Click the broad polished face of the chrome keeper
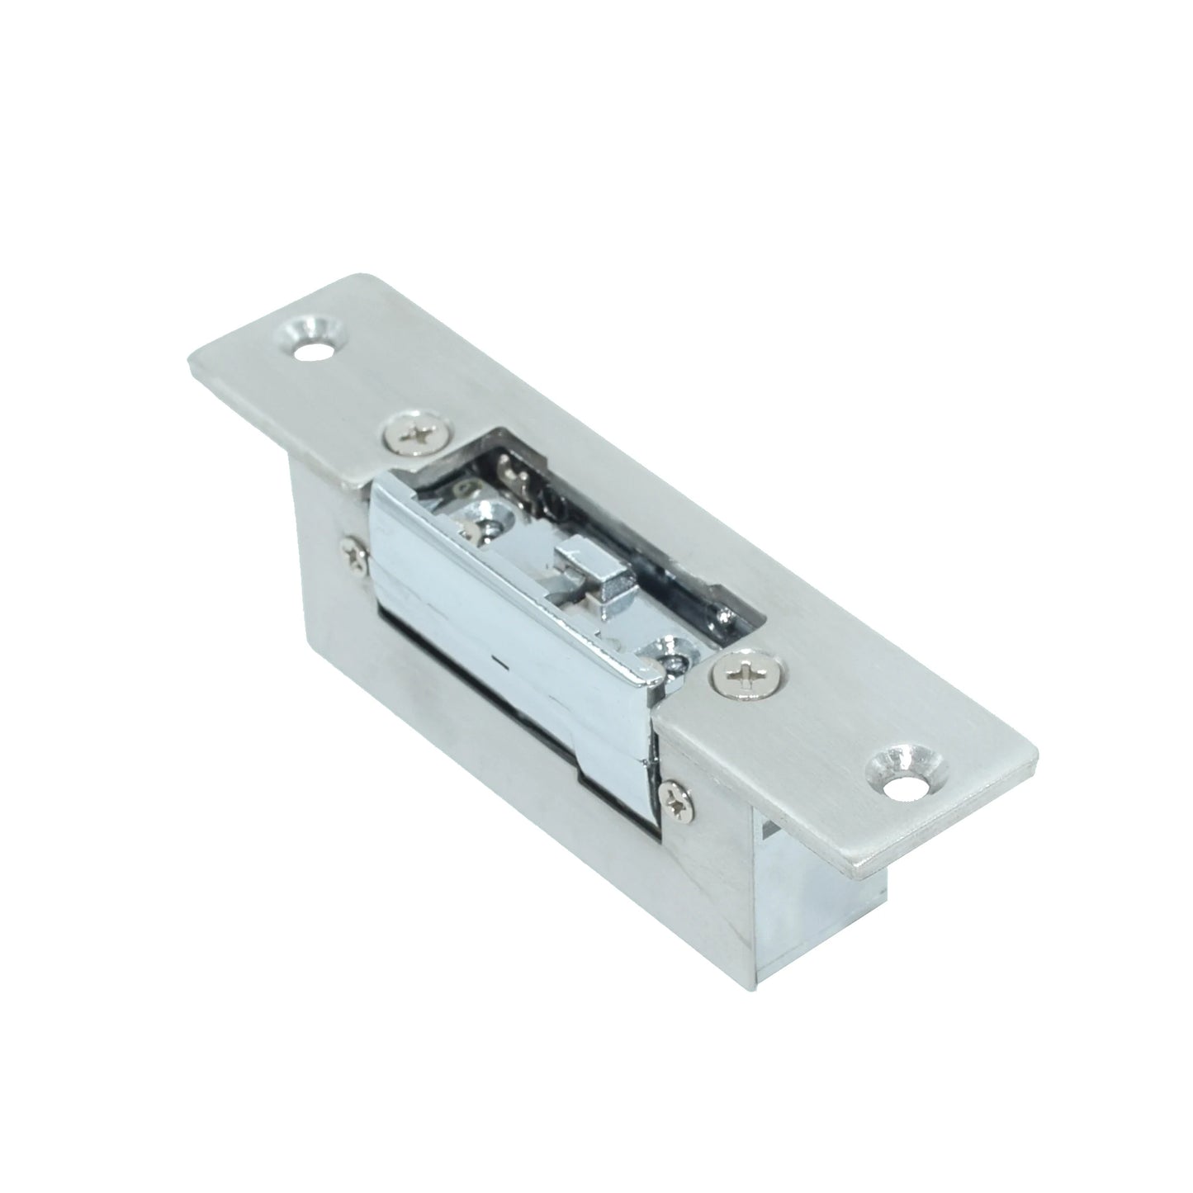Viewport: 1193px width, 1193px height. coord(495,627)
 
